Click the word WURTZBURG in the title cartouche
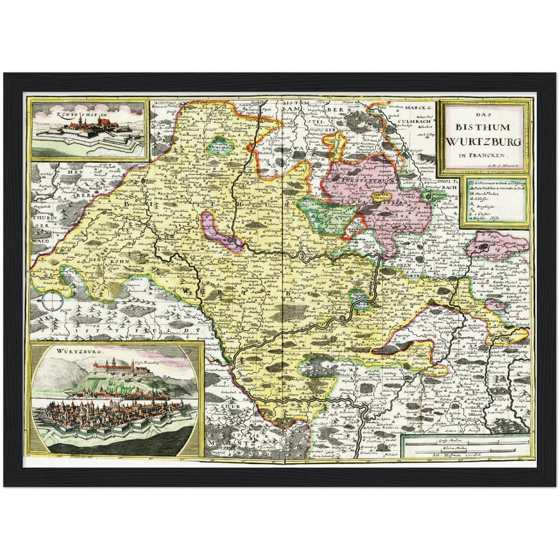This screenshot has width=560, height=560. pyautogui.click(x=483, y=142)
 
